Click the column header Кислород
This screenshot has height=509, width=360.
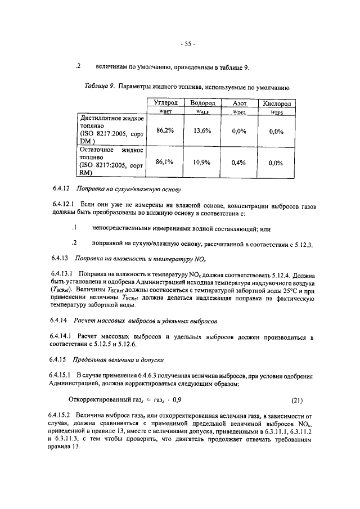(x=276, y=104)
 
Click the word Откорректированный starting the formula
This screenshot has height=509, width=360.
(x=98, y=400)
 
